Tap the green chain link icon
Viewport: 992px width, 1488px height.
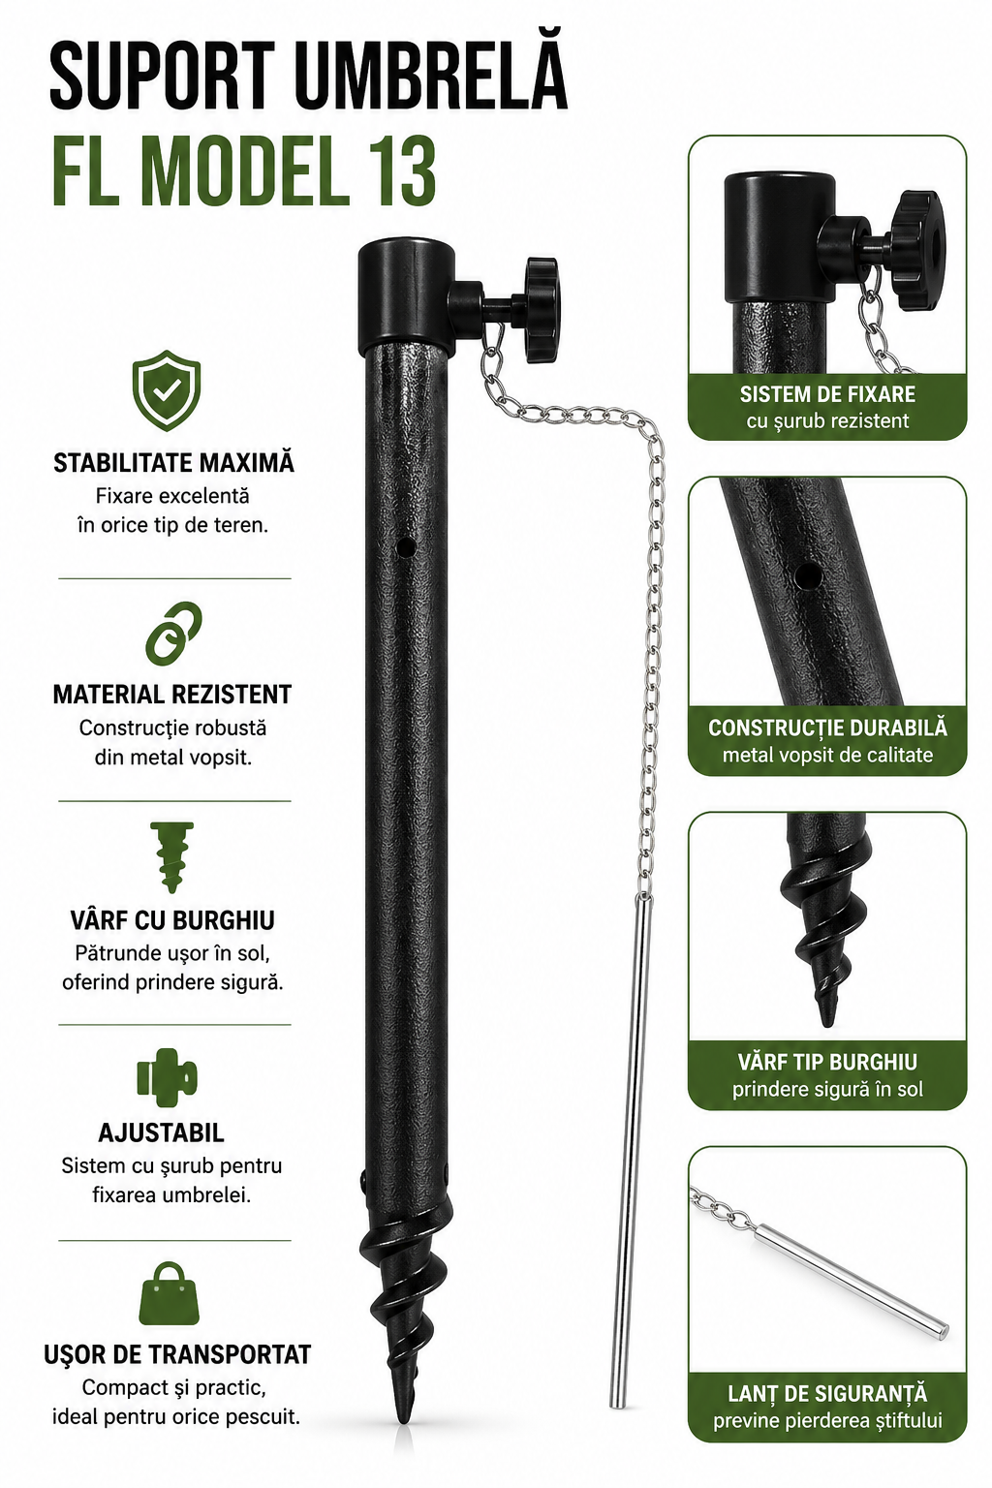pyautogui.click(x=174, y=634)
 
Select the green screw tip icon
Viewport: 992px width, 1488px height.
pyautogui.click(x=172, y=857)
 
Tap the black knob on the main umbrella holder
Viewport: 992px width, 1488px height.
pyautogui.click(x=542, y=310)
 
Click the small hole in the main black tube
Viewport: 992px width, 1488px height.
pyautogui.click(x=405, y=547)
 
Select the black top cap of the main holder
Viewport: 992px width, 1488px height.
pyautogui.click(x=406, y=297)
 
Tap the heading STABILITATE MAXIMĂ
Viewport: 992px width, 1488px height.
pyautogui.click(x=173, y=462)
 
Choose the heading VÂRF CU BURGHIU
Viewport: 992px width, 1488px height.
pyautogui.click(x=172, y=920)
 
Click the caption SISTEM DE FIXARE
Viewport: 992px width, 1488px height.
pyautogui.click(x=827, y=394)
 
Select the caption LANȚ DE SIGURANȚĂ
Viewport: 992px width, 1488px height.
pyautogui.click(x=827, y=1393)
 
